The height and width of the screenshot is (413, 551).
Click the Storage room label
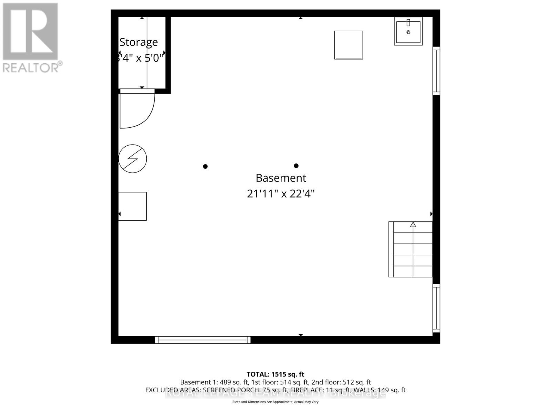(x=138, y=42)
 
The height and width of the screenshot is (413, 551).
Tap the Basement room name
(x=281, y=178)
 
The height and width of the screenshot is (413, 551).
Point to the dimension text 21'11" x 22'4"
(x=281, y=194)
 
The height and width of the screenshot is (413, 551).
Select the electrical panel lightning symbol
(x=133, y=159)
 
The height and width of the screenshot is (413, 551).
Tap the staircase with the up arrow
(x=410, y=249)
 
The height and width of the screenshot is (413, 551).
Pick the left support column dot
(x=205, y=167)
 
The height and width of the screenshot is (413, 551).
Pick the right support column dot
(x=296, y=166)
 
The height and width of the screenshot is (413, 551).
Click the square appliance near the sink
(x=349, y=45)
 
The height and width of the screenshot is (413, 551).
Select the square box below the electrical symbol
(x=133, y=206)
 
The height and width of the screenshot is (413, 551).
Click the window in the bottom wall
(x=202, y=340)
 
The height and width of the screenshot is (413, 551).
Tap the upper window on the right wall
(x=436, y=71)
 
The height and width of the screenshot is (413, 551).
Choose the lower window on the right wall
(x=436, y=308)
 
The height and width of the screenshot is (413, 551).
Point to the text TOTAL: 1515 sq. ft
(x=275, y=374)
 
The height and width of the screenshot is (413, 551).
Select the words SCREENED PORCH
(x=227, y=390)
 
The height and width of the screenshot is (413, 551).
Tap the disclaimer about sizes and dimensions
(x=275, y=402)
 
